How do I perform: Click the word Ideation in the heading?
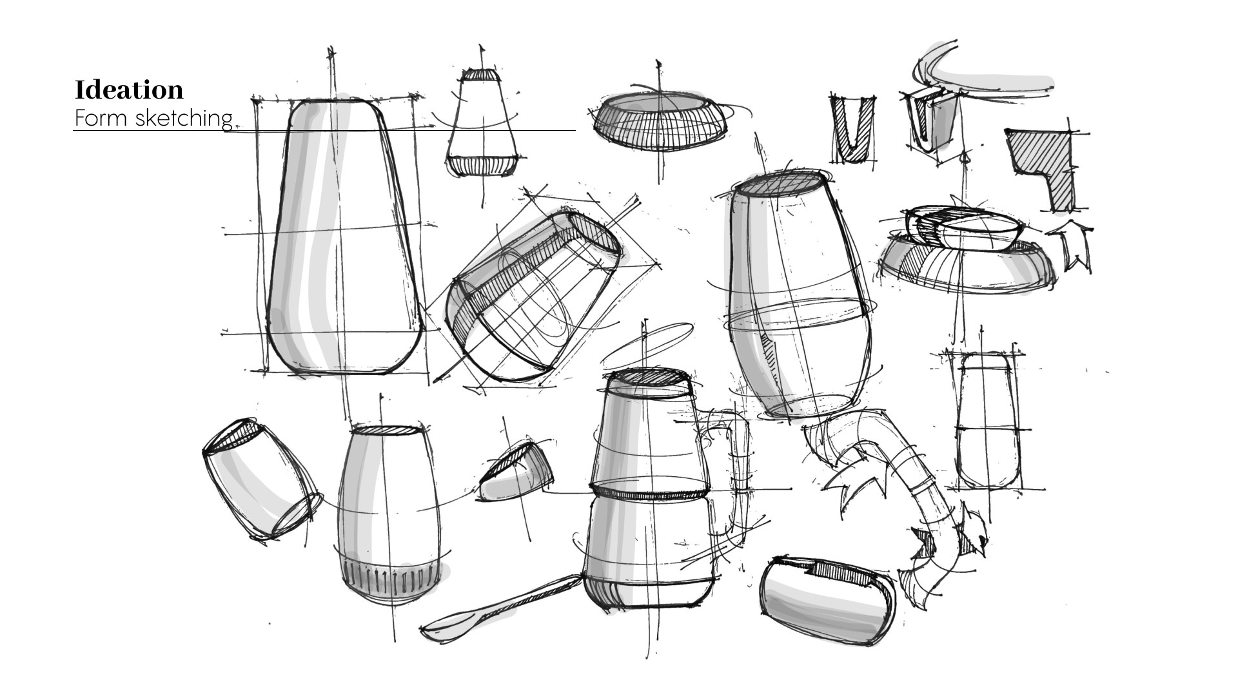pos(129,90)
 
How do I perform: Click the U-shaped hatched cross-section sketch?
pos(852,130)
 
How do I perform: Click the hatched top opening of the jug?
pos(650,378)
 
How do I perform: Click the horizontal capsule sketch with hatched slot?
pos(826,592)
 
